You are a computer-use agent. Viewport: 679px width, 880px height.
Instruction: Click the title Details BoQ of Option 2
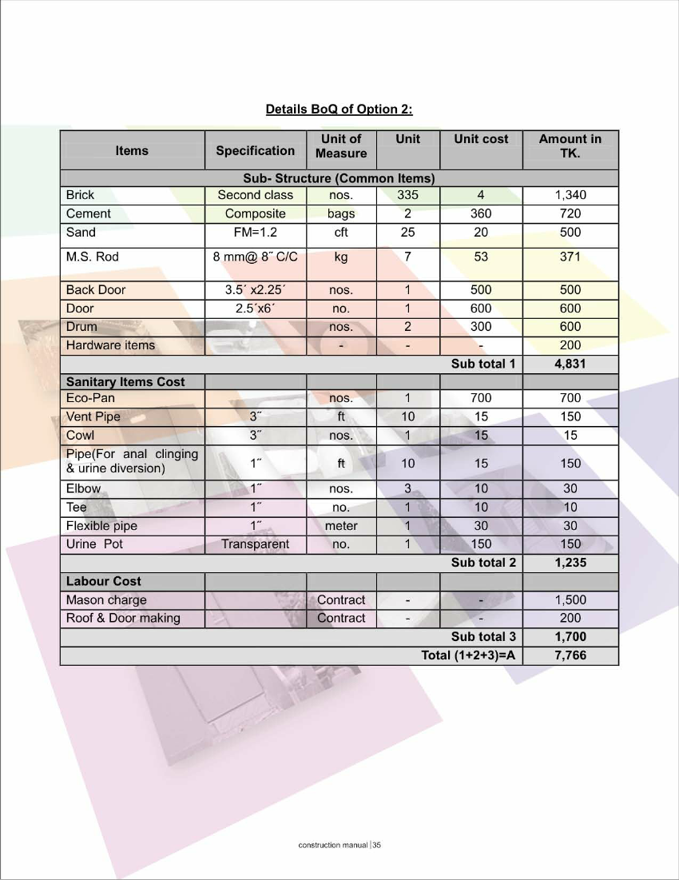click(x=339, y=109)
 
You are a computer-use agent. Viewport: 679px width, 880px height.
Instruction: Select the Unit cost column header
click(x=481, y=139)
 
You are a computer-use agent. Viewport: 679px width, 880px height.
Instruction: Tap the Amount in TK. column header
click(x=570, y=145)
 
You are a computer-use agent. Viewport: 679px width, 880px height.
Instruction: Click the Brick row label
click(x=80, y=195)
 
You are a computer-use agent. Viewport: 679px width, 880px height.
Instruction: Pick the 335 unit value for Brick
click(x=407, y=195)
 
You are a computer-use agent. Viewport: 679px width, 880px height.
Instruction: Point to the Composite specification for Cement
click(x=255, y=213)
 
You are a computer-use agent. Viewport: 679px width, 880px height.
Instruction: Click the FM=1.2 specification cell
click(x=255, y=233)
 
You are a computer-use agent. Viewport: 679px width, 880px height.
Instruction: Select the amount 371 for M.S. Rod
click(x=570, y=257)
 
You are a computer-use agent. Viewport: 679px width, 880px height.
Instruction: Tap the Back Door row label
click(x=96, y=290)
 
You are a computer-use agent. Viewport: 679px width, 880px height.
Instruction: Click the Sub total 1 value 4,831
click(x=570, y=364)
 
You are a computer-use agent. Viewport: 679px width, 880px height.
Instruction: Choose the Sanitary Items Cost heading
click(x=125, y=382)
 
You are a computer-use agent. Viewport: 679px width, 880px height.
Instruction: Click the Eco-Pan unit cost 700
click(x=481, y=398)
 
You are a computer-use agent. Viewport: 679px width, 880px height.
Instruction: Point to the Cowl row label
click(x=80, y=436)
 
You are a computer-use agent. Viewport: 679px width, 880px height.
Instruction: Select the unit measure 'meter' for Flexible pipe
click(x=341, y=526)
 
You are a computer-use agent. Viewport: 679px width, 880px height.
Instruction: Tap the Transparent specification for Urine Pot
click(x=255, y=544)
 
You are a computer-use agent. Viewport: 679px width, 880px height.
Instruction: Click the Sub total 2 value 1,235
click(x=570, y=563)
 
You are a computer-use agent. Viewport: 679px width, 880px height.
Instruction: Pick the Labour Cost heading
click(x=104, y=581)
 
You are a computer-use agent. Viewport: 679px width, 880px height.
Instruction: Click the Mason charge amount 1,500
click(x=570, y=600)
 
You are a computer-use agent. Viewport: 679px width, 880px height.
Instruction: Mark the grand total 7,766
click(x=570, y=655)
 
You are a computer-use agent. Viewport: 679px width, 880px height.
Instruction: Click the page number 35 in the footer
click(x=377, y=845)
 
